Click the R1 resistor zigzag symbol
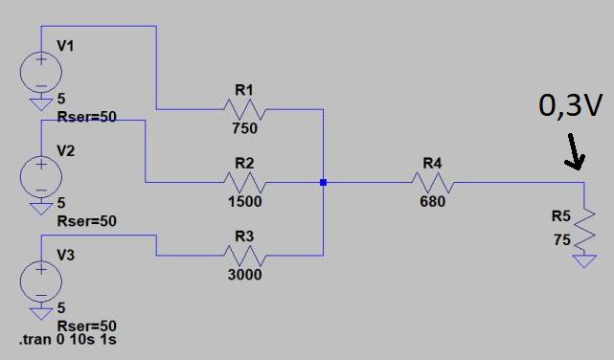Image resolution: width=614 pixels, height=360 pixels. [245, 109]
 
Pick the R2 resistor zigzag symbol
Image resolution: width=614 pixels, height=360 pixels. [245, 182]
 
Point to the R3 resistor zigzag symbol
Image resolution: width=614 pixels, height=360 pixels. [245, 256]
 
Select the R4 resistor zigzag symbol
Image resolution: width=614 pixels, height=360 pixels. [433, 182]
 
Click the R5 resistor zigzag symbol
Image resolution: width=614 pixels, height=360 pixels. [584, 231]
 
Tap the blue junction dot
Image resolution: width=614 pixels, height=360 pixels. [323, 182]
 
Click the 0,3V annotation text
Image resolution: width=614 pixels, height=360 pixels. [570, 105]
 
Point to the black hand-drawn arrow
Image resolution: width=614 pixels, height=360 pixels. [575, 152]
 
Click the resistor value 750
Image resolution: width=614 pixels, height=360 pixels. [245, 128]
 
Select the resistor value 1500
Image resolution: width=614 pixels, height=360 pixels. [245, 201]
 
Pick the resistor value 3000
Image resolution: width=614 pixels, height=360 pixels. [245, 275]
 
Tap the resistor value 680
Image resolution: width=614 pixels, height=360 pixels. [433, 201]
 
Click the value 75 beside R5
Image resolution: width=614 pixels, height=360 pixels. [562, 239]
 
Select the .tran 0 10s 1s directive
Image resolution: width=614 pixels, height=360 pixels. [68, 339]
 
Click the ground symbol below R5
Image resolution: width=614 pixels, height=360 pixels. [584, 261]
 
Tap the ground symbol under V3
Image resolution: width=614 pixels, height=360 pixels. [41, 314]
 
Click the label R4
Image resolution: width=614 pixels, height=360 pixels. [432, 163]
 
